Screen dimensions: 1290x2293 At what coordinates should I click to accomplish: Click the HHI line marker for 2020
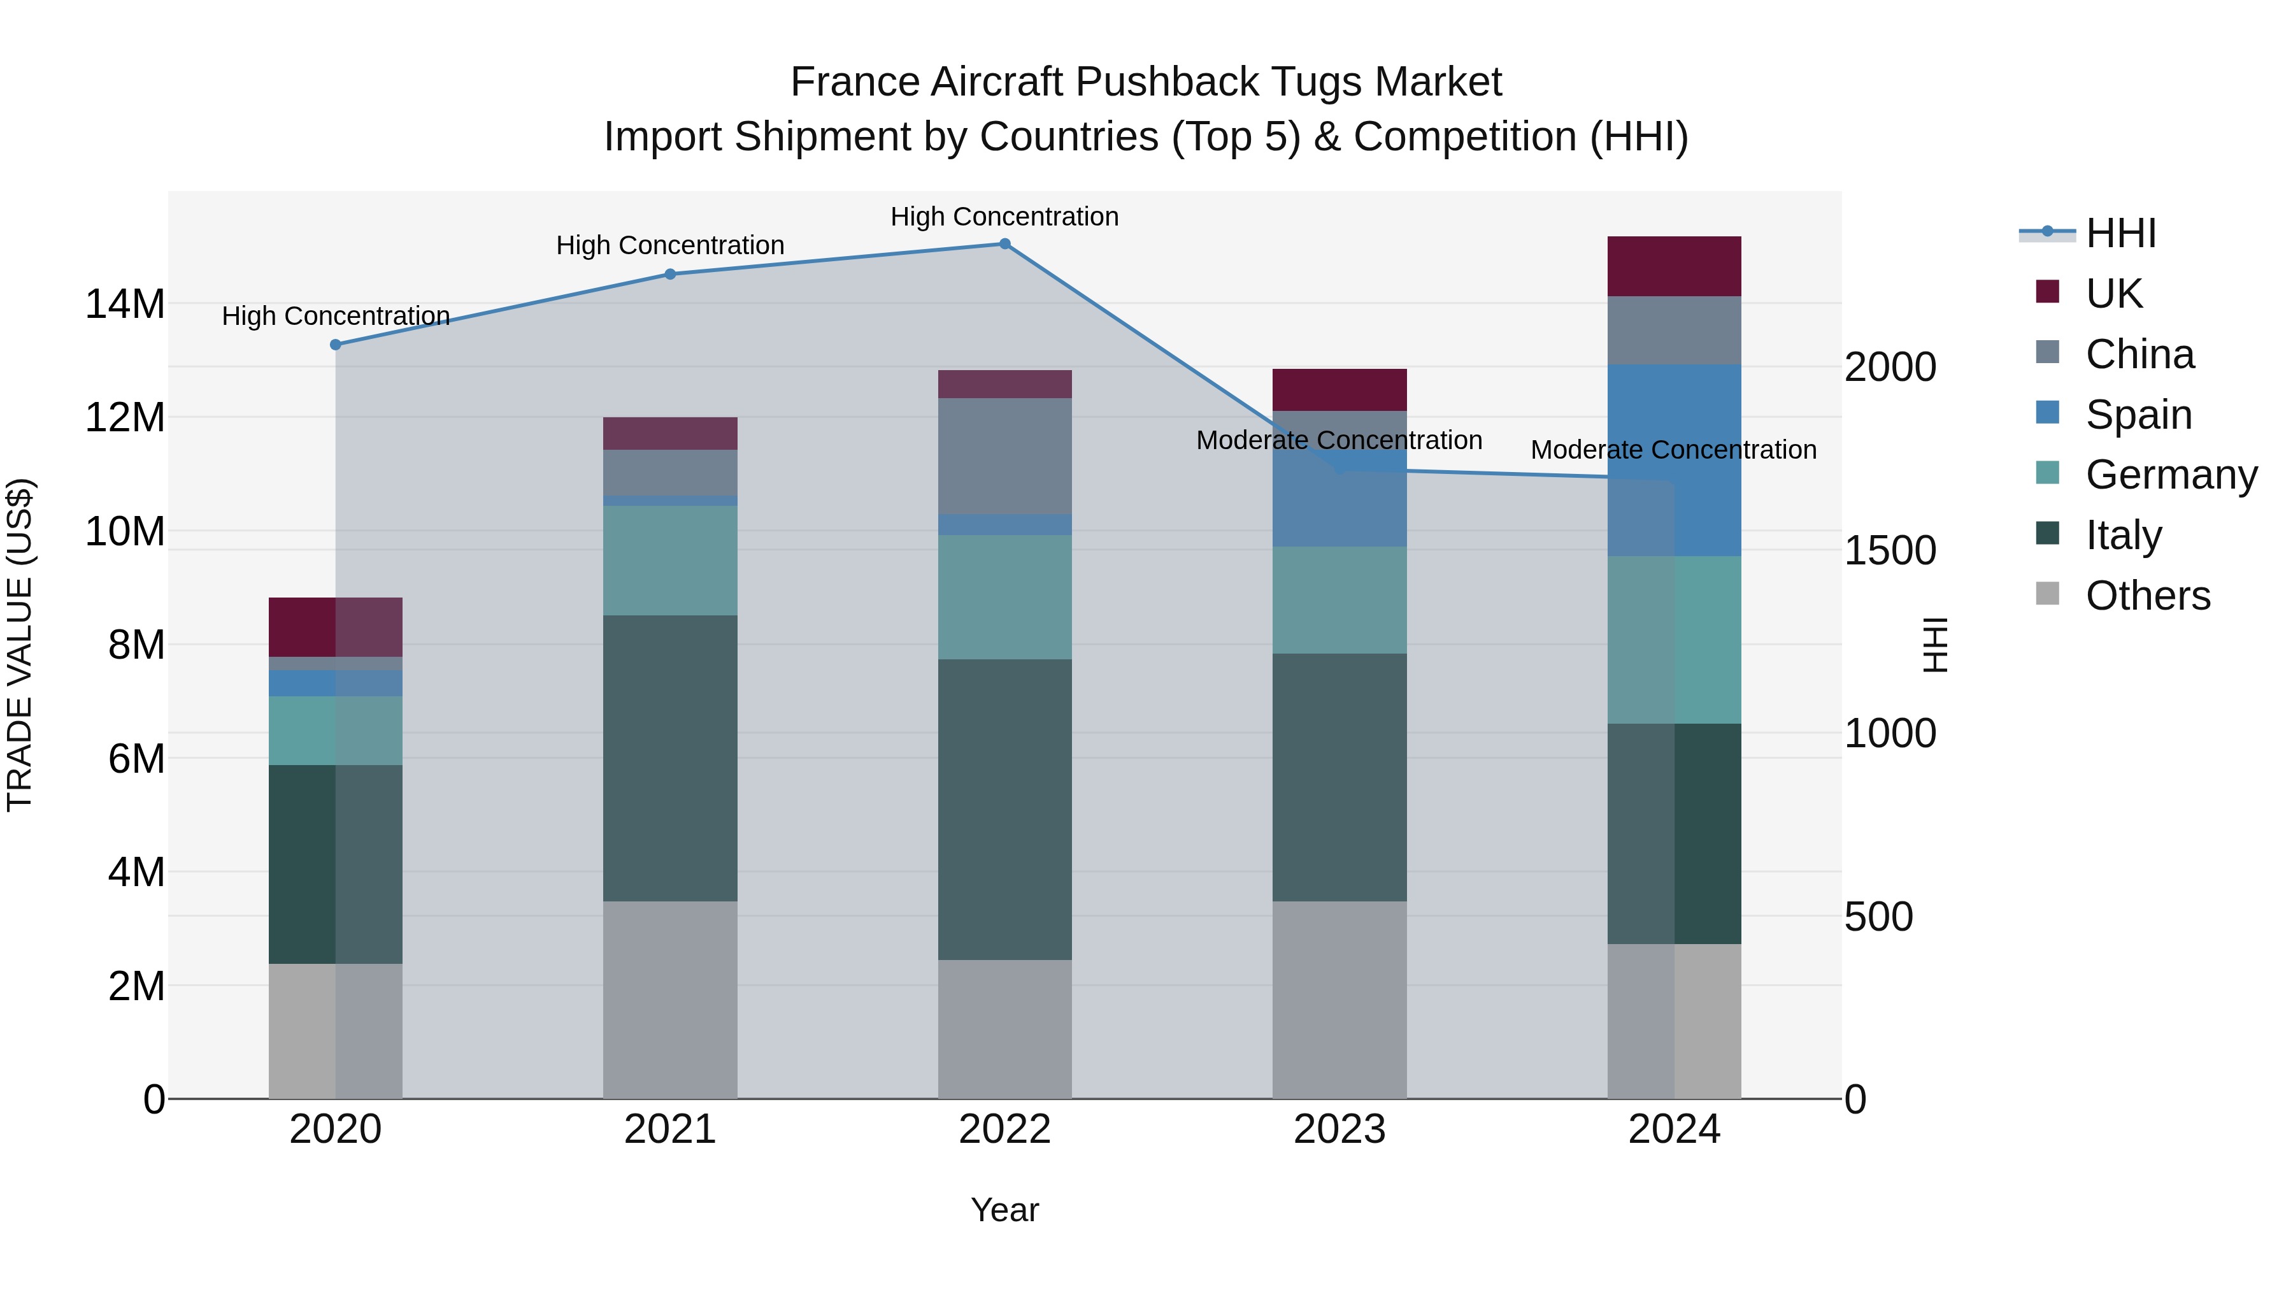point(336,345)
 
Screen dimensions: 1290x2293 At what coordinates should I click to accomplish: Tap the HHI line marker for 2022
point(1005,244)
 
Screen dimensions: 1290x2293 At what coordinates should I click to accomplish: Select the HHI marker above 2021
point(670,274)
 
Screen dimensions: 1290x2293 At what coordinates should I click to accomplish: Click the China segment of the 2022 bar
point(1005,456)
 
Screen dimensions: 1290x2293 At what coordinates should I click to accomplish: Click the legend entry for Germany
point(2170,475)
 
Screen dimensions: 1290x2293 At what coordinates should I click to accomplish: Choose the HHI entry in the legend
point(2120,233)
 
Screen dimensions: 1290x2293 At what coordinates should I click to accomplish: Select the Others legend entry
point(2147,596)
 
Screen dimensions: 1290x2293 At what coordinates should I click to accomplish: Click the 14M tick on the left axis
point(125,305)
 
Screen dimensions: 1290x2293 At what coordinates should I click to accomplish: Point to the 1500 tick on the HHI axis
point(1889,550)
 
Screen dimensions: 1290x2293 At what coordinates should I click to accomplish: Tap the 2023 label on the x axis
point(1339,1129)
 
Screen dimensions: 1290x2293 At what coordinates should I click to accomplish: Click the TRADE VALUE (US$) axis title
point(20,645)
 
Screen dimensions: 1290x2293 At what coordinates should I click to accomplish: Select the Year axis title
point(1005,1210)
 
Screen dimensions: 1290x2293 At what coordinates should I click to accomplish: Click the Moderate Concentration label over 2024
point(1673,450)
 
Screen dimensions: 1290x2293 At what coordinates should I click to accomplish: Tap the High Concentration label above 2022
point(1005,217)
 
